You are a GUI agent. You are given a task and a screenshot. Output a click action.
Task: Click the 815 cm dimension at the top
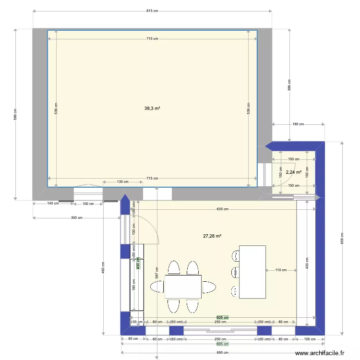(152, 11)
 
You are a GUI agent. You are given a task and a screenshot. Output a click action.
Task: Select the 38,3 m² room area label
(152, 108)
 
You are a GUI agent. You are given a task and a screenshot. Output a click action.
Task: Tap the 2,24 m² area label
(293, 172)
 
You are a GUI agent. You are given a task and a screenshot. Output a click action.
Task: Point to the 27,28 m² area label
(212, 236)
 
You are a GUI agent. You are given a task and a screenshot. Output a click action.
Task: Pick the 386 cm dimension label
(289, 85)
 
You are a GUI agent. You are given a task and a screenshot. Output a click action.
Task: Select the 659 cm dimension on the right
(342, 238)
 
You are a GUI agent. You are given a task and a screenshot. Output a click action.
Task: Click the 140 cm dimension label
(53, 204)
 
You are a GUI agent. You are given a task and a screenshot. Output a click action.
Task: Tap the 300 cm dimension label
(76, 217)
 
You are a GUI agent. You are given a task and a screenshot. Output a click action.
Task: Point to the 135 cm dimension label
(122, 182)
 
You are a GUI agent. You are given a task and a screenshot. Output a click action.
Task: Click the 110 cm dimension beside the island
(281, 270)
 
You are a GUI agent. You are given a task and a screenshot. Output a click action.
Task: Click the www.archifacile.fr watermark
(320, 353)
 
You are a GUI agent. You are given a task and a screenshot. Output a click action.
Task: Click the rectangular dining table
(183, 287)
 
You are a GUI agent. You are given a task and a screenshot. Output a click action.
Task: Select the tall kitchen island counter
(252, 272)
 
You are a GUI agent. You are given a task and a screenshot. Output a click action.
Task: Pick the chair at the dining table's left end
(157, 287)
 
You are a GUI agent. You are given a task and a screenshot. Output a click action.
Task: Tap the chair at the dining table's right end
(209, 287)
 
